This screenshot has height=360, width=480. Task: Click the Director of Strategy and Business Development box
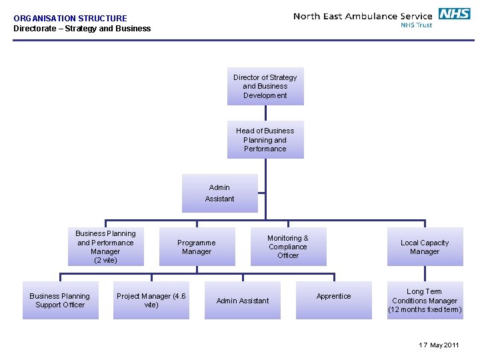point(265,86)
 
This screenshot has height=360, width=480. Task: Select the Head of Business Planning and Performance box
point(265,139)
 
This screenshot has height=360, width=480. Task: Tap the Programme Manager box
point(197,247)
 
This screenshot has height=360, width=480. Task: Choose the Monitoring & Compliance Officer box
point(288,247)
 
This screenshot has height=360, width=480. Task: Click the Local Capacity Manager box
point(425,247)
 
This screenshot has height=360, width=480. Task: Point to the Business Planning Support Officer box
point(60,301)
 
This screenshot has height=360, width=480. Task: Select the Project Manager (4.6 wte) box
point(151,301)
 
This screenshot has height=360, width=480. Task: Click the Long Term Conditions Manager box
point(425,300)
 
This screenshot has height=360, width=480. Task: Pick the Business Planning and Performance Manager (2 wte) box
point(105,247)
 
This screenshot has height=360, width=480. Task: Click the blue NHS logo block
point(454,13)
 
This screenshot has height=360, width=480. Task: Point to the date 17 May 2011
point(439,345)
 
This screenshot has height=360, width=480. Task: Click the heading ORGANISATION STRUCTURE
point(70,19)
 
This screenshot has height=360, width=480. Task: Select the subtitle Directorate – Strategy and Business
point(82,29)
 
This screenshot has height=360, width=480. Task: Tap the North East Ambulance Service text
point(363,16)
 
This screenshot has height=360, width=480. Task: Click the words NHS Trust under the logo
point(416,25)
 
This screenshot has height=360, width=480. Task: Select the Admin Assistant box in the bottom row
point(243,301)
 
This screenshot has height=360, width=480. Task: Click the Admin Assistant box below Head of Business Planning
point(220,193)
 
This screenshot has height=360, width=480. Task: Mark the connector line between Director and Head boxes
point(265,113)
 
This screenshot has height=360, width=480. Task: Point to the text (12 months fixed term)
point(425,310)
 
